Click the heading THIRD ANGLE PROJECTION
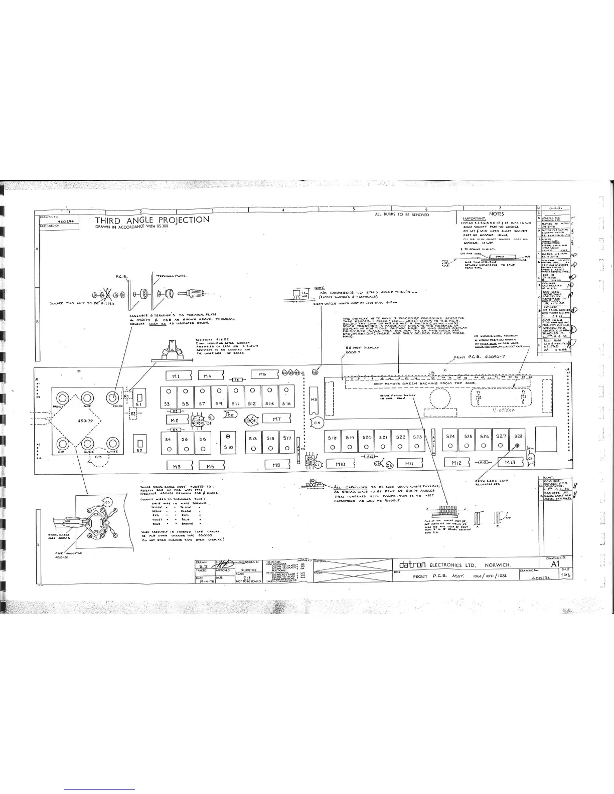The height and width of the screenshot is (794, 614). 152,220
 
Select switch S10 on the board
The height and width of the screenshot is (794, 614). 229,443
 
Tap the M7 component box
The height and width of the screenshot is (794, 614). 276,419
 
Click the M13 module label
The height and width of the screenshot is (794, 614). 510,463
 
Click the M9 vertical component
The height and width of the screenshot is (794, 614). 314,400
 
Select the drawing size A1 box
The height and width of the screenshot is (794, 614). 554,563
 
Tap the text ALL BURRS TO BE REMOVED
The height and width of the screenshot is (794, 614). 402,215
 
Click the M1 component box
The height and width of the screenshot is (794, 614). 176,375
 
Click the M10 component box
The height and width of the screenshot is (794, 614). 340,465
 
